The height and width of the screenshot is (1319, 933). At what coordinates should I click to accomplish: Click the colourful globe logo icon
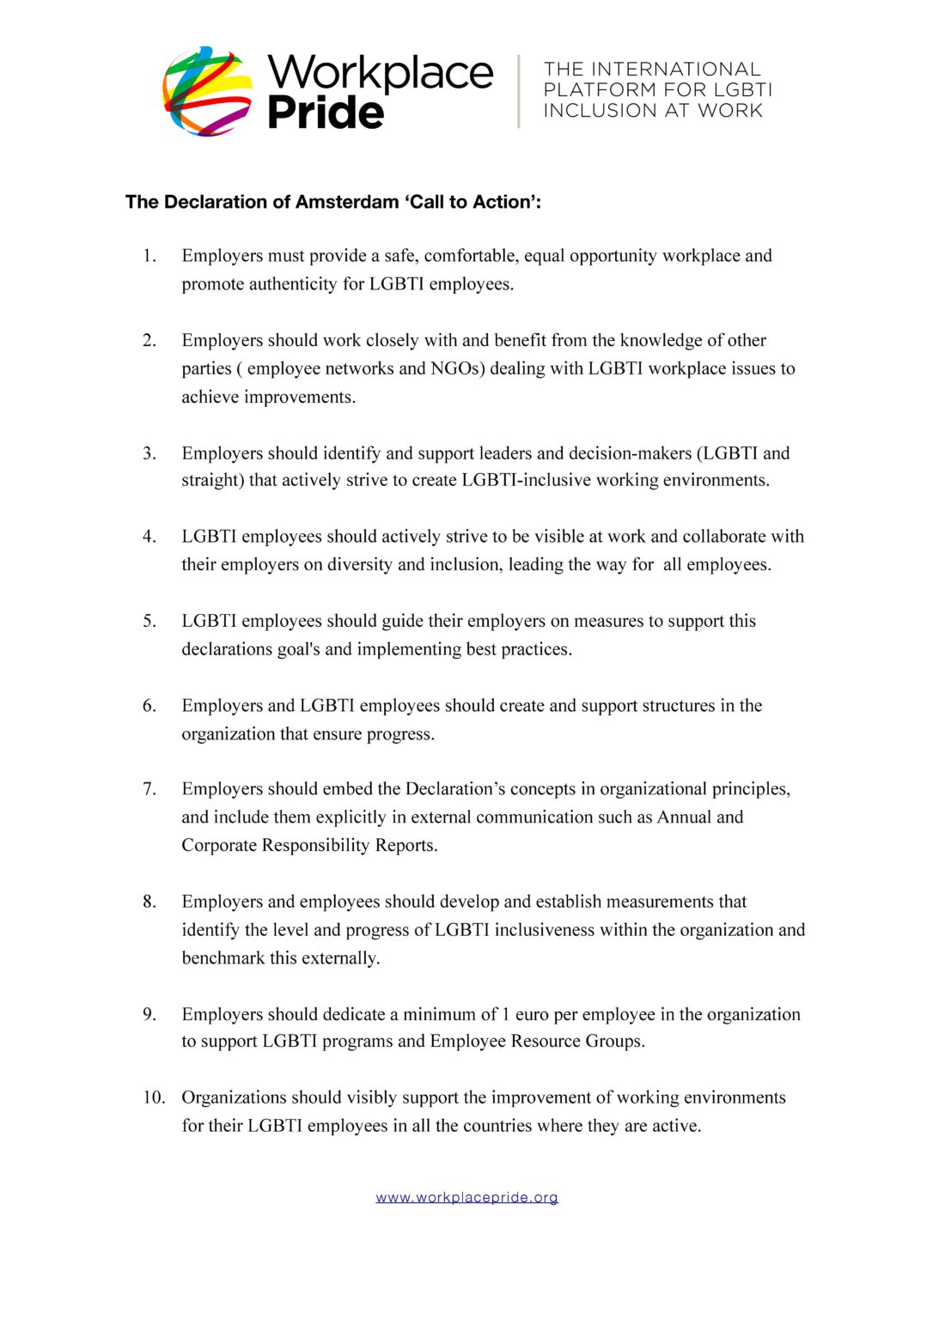pyautogui.click(x=208, y=91)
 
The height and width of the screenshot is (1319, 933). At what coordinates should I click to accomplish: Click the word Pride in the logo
pyautogui.click(x=326, y=113)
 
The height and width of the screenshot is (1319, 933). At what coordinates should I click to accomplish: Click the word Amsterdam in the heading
pyautogui.click(x=346, y=202)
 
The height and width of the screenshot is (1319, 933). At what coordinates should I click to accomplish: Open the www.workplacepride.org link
pyautogui.click(x=466, y=1197)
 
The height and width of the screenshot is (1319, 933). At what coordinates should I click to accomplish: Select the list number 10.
pyautogui.click(x=154, y=1097)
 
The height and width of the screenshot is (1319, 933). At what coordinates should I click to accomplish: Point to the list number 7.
pyautogui.click(x=149, y=789)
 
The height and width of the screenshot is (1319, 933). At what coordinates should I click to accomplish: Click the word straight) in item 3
pyautogui.click(x=213, y=480)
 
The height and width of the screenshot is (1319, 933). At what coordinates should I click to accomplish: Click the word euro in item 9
pyautogui.click(x=532, y=1014)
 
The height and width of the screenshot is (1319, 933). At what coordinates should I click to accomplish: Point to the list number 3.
pyautogui.click(x=149, y=453)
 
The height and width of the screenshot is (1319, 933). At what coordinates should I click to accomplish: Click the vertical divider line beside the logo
pyautogui.click(x=519, y=91)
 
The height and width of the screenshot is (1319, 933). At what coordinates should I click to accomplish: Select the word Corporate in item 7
pyautogui.click(x=219, y=845)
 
